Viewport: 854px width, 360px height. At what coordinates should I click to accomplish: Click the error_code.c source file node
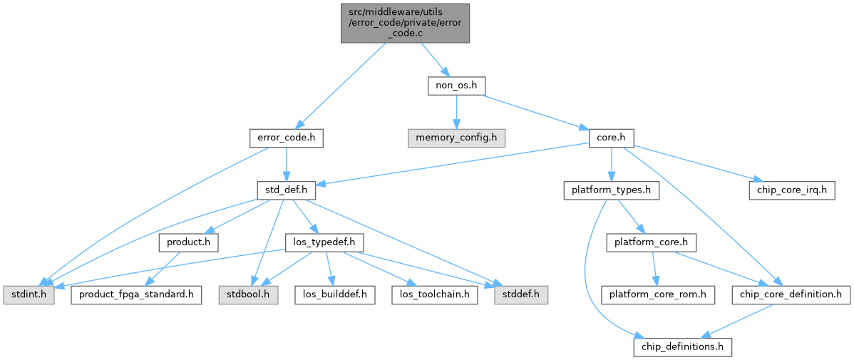(405, 24)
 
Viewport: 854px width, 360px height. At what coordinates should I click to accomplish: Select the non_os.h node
(456, 86)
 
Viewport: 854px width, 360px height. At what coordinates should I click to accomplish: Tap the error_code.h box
(287, 139)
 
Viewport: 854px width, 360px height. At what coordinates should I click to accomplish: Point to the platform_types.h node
(612, 191)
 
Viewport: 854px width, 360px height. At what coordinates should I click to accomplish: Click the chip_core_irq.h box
(792, 191)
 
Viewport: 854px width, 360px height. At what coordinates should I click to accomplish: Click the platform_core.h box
(652, 244)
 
